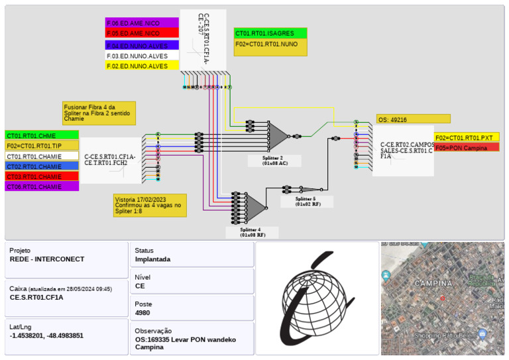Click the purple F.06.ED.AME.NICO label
pos(142,23)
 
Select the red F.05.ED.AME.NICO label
pos(142,33)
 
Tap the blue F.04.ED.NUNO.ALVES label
pos(142,46)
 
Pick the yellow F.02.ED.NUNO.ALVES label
pos(142,66)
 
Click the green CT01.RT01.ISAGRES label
pos(270,33)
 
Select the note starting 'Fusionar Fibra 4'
pos(99,113)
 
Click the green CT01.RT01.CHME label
pos(42,135)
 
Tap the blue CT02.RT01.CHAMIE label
pos(42,166)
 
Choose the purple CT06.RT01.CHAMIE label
pos(42,186)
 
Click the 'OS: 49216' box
pos(413,119)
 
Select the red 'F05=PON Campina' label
pos(467,147)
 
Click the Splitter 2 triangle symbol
pos(278,136)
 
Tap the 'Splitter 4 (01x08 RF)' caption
pos(252,232)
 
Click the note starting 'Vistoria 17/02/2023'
pos(150,206)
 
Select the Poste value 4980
pos(142,312)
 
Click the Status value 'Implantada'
pos(152,259)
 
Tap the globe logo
pos(316,300)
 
